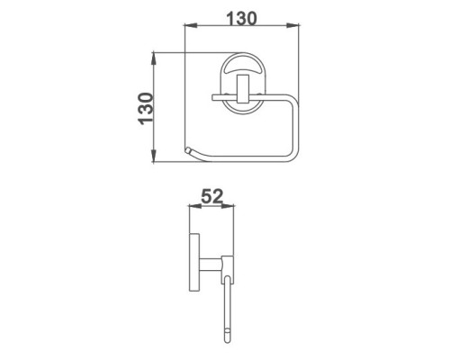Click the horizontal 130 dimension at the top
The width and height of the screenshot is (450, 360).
pyautogui.click(x=241, y=19)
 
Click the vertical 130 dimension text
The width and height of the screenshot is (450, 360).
pyautogui.click(x=146, y=108)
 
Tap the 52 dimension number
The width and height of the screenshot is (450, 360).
pyautogui.click(x=212, y=196)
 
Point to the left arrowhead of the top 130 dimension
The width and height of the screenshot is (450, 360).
pyautogui.click(x=191, y=26)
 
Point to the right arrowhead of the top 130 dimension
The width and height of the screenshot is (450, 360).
pyautogui.click(x=293, y=26)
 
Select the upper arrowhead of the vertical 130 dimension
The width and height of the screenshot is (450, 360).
pyautogui.click(x=154, y=58)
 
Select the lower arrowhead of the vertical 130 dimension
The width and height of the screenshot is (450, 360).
pyautogui.click(x=154, y=156)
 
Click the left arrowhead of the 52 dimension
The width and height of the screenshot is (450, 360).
pyautogui.click(x=194, y=206)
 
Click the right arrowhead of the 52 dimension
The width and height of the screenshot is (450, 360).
pyautogui.click(x=228, y=206)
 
